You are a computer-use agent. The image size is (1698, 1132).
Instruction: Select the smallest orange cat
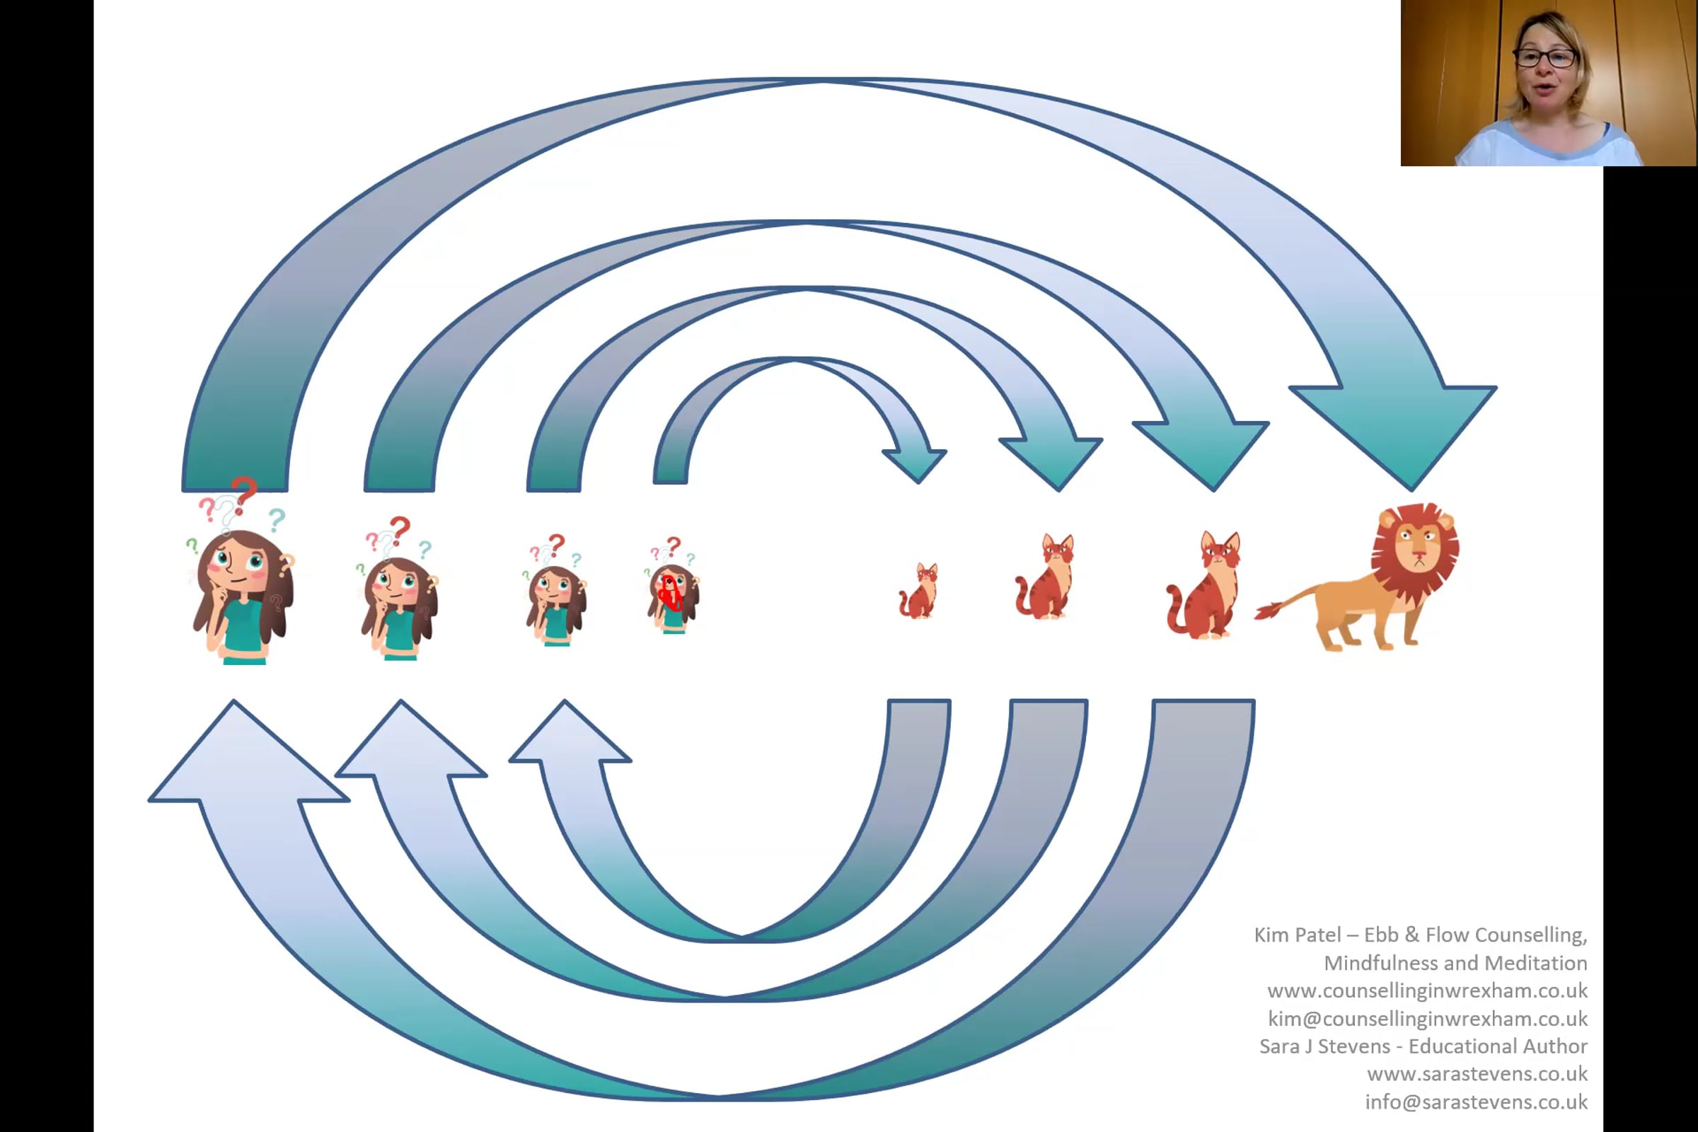[919, 592]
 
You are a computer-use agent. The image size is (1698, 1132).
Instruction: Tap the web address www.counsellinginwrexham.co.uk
[1427, 990]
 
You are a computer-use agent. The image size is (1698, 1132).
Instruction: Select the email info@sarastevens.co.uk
[1476, 1102]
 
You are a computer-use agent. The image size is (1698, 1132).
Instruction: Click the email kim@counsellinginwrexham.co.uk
[1427, 1019]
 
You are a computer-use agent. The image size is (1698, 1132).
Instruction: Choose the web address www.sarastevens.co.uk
[1477, 1074]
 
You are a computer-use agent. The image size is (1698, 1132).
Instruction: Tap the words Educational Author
[1497, 1046]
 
